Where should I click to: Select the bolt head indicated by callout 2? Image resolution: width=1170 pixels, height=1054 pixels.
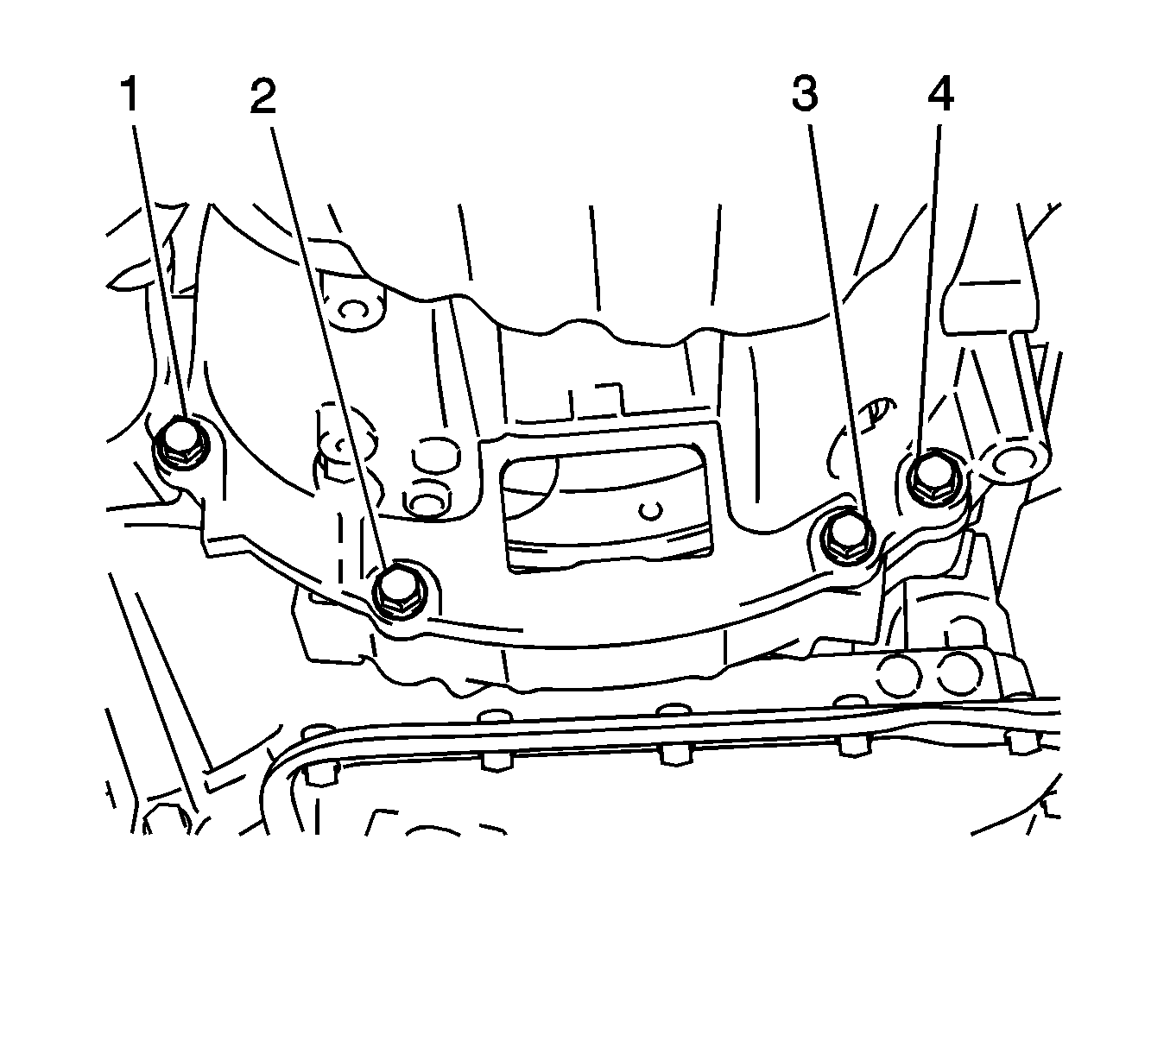[x=399, y=591]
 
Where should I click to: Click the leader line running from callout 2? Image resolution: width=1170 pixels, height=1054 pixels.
[x=328, y=345]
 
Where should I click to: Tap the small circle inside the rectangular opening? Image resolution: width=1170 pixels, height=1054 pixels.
[x=653, y=511]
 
